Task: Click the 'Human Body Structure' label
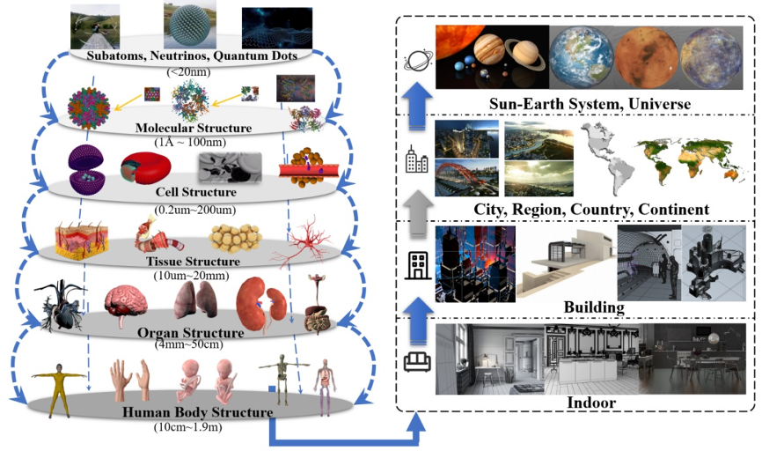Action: pyautogui.click(x=198, y=411)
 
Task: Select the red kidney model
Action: pyautogui.click(x=252, y=305)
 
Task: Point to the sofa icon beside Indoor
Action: pyautogui.click(x=413, y=361)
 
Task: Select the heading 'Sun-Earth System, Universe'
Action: pyautogui.click(x=590, y=105)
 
